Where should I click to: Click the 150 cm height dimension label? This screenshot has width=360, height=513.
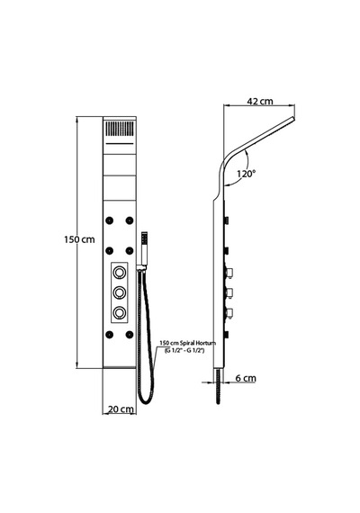coord(79,239)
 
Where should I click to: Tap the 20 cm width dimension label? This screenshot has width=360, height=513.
coord(121,409)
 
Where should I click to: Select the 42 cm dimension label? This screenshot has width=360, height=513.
coord(260,101)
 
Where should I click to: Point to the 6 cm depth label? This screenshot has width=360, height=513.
coord(246,378)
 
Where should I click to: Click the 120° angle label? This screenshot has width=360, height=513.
coord(246,174)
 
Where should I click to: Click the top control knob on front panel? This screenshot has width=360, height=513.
coord(119,272)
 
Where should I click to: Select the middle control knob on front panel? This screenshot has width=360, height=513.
coord(119,292)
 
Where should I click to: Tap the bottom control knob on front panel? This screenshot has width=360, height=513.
coord(119,312)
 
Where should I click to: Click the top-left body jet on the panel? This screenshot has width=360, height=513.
coord(109,220)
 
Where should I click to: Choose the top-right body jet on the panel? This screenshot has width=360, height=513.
coord(130,220)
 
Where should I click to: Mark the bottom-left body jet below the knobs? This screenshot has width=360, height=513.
coord(109,335)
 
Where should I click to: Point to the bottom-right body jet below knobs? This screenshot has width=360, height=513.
coord(130,335)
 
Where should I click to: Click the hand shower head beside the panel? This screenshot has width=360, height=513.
coord(144,248)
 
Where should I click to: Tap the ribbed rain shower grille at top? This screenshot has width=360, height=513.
coord(119,129)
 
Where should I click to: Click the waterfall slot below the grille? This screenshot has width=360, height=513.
coord(119,144)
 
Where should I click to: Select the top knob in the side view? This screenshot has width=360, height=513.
coord(229,273)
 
